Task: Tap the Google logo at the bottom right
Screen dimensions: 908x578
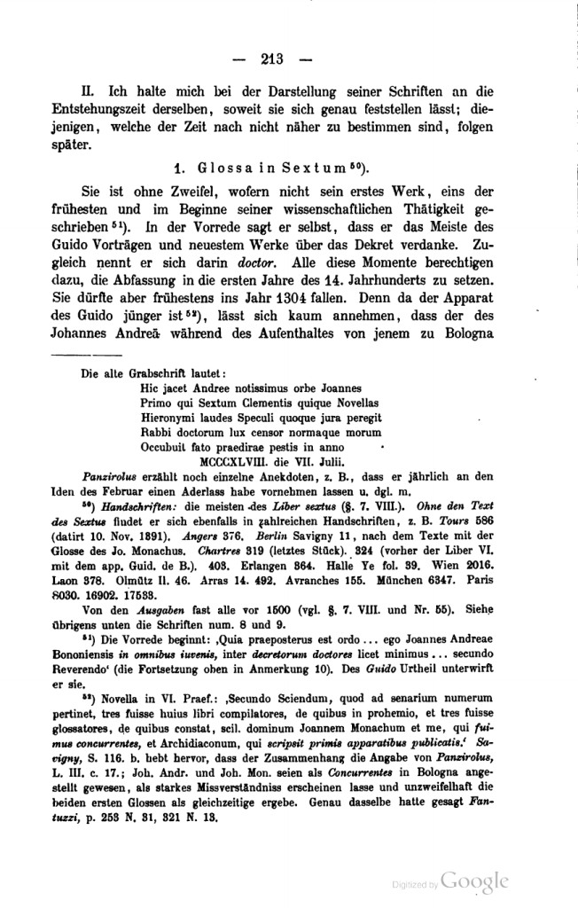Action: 474,881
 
